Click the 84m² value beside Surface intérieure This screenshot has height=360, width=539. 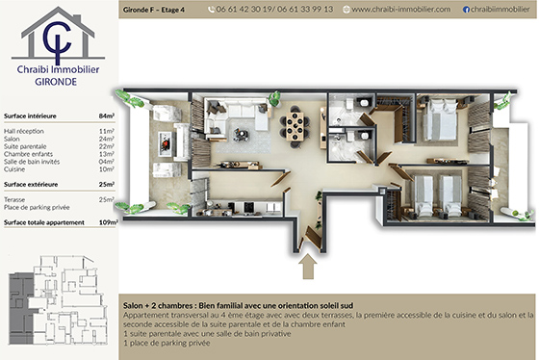(x=107, y=115)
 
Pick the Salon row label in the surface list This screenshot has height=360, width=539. (x=13, y=138)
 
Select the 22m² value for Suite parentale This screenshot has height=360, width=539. (x=107, y=145)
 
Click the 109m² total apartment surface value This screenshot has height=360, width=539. (x=107, y=221)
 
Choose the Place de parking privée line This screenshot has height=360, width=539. (x=38, y=206)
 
